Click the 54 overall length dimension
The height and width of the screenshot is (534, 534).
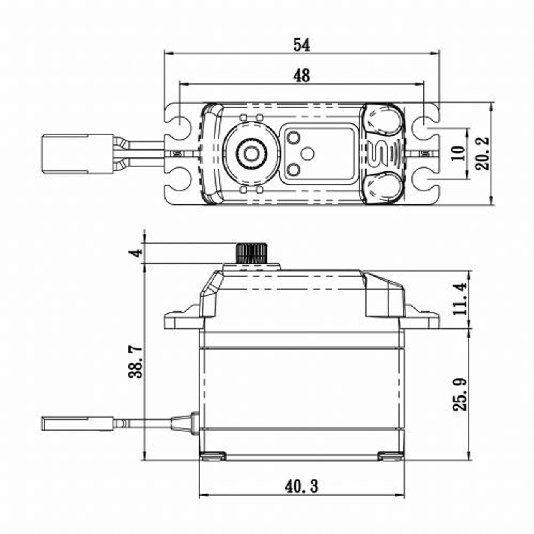(x=301, y=45)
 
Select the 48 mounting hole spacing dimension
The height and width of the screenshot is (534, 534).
(x=301, y=76)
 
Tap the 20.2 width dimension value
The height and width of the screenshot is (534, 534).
(x=483, y=154)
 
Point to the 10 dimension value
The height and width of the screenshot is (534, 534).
(x=458, y=154)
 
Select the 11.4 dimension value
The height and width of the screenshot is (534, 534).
(x=459, y=299)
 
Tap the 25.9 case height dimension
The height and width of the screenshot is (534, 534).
(x=459, y=394)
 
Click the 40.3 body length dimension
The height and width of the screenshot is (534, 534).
(x=301, y=486)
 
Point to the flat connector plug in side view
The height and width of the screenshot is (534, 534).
(x=77, y=423)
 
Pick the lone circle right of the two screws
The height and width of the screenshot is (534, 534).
(x=307, y=154)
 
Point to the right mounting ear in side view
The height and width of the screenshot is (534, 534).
(x=421, y=319)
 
